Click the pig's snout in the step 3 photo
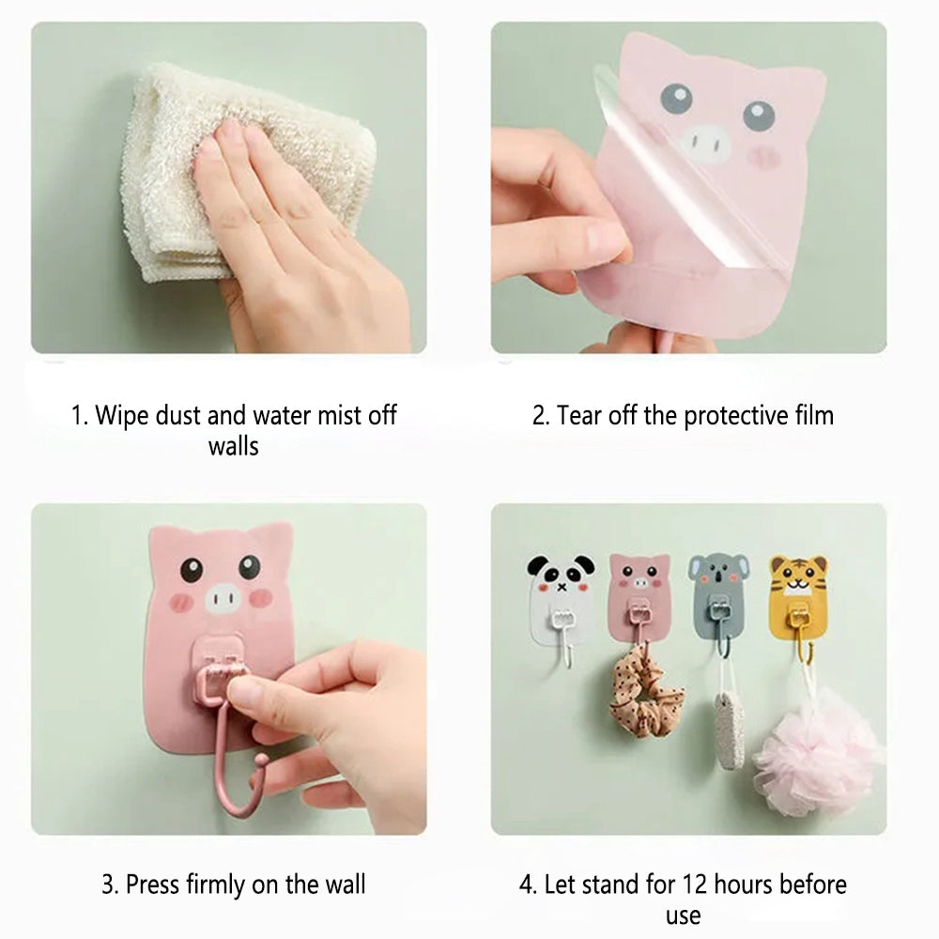223,597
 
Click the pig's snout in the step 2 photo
706,143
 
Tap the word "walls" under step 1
234,446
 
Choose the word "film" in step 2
814,416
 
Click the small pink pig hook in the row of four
639,599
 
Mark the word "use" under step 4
684,916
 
